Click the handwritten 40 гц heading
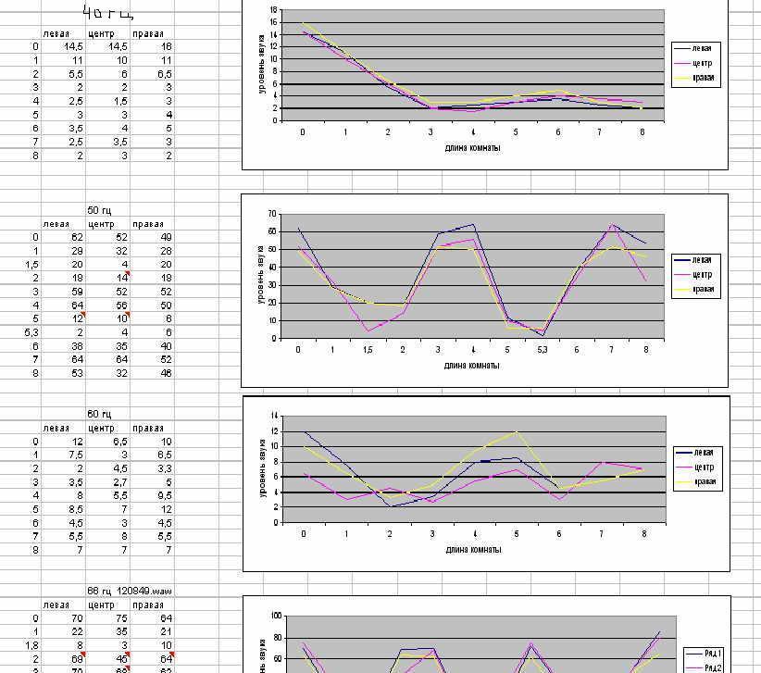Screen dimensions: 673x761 point(108,12)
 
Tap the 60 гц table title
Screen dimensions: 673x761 point(99,414)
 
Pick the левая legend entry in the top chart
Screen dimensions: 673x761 point(705,47)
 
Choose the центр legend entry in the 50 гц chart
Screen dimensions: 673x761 point(705,275)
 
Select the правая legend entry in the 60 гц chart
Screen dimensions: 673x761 point(705,482)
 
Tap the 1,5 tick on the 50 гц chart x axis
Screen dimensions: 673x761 point(368,350)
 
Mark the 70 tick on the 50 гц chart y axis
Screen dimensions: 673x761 point(272,214)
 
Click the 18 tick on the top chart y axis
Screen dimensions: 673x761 point(273,9)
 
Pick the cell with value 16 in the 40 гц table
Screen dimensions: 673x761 point(166,45)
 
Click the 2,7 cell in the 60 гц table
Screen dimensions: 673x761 point(118,482)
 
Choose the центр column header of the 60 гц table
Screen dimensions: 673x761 point(101,428)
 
